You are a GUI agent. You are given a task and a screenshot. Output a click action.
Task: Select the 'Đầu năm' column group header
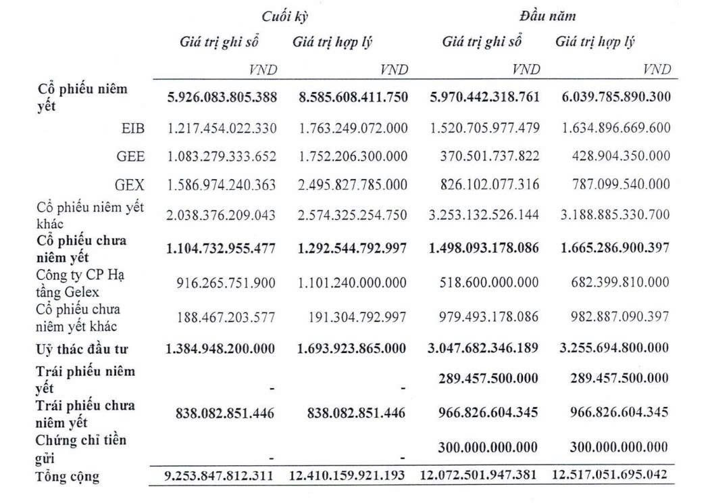[547, 16]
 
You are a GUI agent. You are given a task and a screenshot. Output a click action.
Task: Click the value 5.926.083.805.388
[222, 97]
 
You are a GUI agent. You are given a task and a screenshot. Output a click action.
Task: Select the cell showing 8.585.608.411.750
[353, 97]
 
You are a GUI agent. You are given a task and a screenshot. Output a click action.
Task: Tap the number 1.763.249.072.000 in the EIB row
[353, 128]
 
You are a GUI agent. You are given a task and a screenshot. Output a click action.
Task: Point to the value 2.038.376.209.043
[222, 215]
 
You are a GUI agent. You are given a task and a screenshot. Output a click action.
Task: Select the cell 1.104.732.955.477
[222, 248]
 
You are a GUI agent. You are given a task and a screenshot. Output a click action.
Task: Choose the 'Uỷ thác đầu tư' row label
[82, 350]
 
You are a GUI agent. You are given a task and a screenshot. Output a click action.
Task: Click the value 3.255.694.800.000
[615, 349]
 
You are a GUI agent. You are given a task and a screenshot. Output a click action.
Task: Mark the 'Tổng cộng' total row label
[67, 477]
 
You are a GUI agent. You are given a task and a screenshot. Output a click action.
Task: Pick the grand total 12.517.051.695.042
[610, 475]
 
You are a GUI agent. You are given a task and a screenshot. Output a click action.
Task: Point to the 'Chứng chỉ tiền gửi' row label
[80, 449]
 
